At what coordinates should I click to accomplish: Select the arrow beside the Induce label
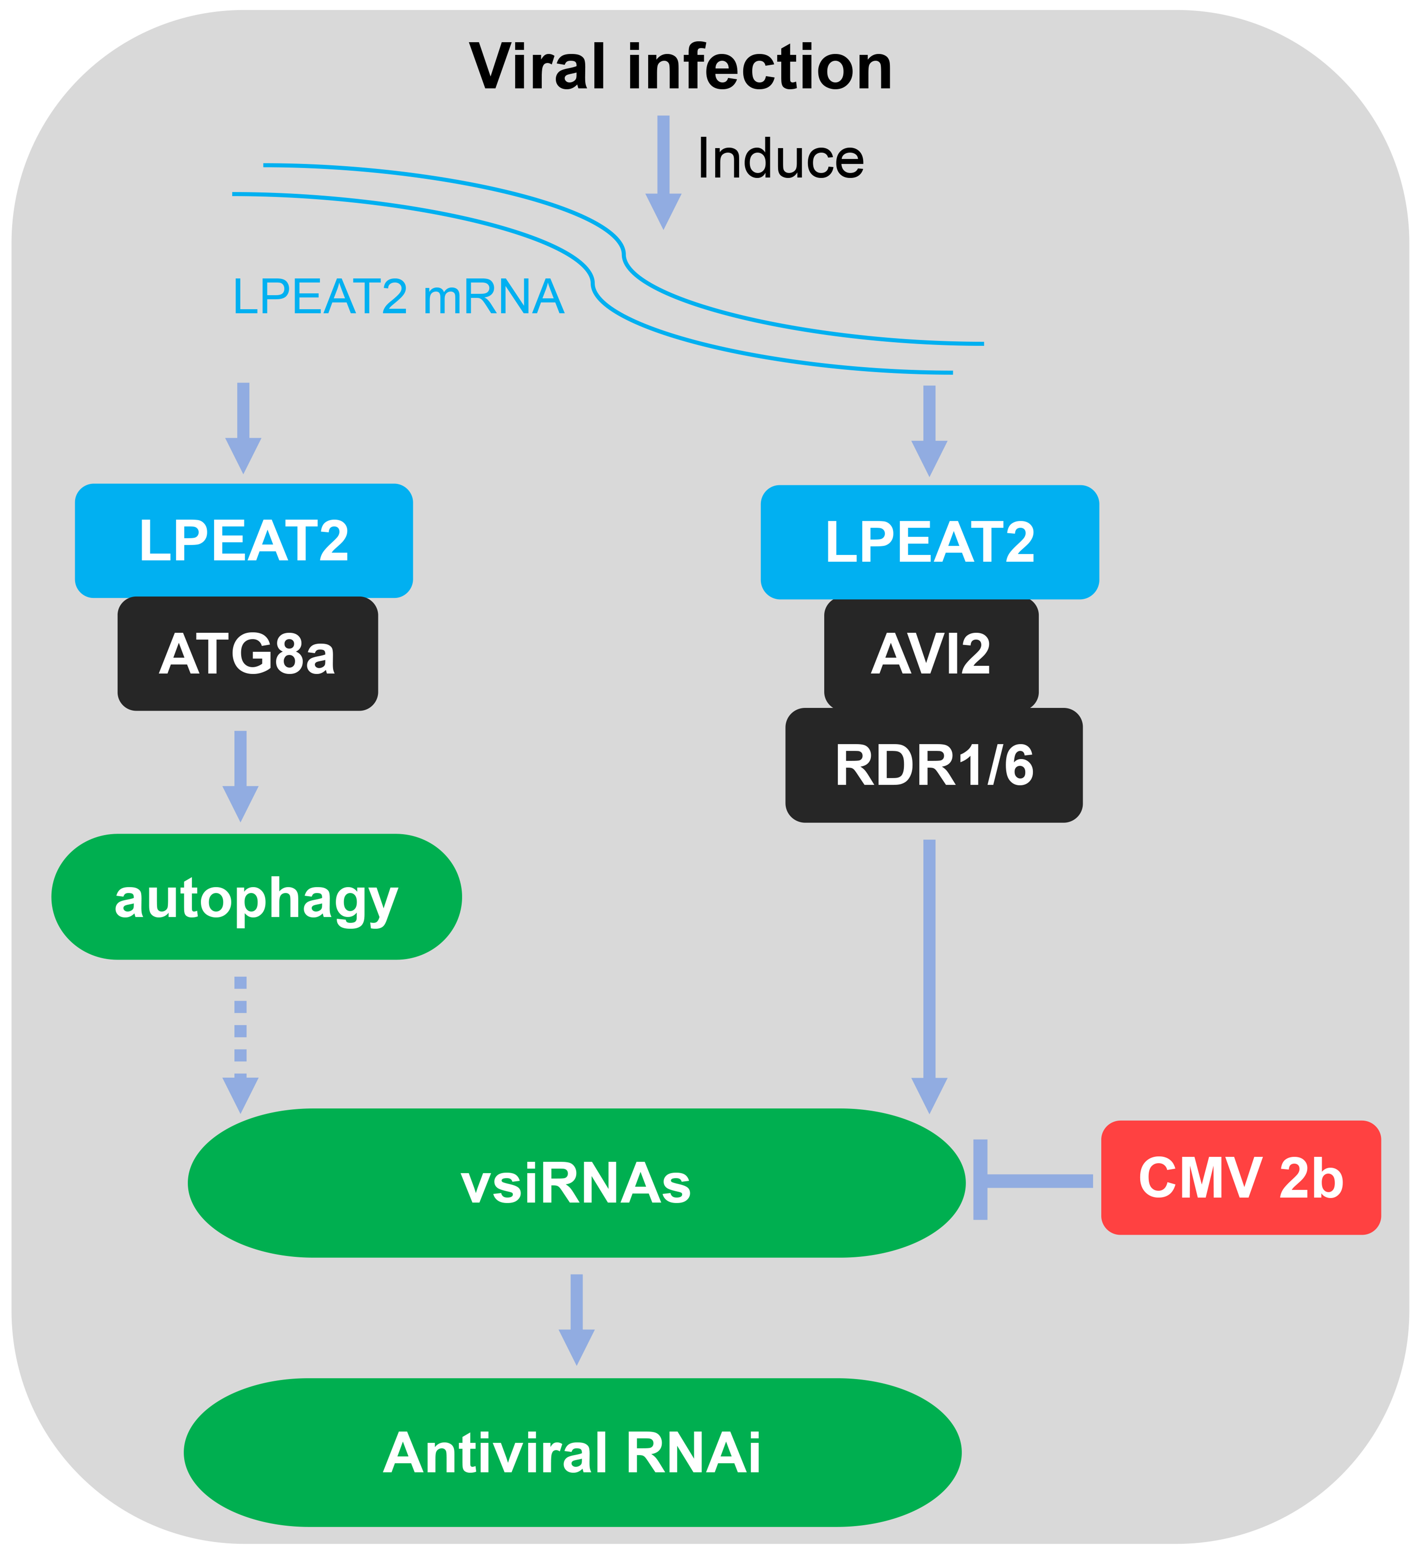[664, 172]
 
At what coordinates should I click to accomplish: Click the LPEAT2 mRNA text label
[398, 297]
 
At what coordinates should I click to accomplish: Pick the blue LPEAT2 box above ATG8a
[244, 541]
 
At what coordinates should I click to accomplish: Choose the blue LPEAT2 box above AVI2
[930, 542]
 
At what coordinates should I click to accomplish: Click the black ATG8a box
[248, 653]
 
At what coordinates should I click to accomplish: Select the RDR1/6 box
[934, 765]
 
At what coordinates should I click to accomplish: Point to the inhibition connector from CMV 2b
[1032, 1181]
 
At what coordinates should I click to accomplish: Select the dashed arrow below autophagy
[240, 1043]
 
